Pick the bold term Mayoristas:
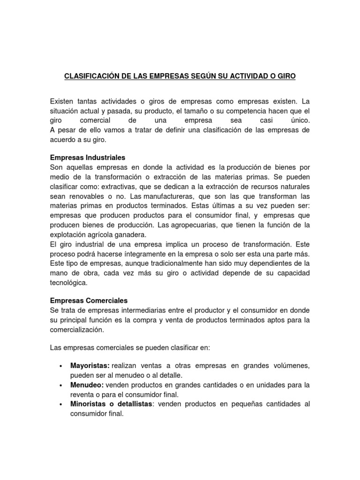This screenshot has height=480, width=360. (x=90, y=365)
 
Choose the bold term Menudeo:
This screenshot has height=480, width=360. (x=87, y=385)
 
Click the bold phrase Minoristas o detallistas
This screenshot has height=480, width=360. (x=112, y=404)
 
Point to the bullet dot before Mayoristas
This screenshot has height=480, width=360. (x=61, y=366)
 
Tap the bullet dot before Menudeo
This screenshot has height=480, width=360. (x=61, y=385)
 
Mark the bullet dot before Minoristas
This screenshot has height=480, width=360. (x=61, y=405)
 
